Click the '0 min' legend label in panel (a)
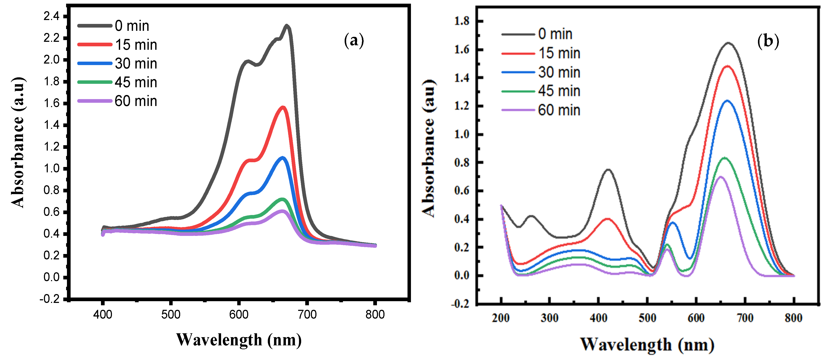pyautogui.click(x=132, y=26)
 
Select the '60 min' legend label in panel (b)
pyautogui.click(x=559, y=110)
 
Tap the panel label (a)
pyautogui.click(x=354, y=41)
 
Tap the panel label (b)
pyautogui.click(x=768, y=42)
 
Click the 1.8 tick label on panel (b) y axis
pyautogui.click(x=462, y=21)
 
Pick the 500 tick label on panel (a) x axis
pyautogui.click(x=170, y=315)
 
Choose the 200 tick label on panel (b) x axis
pyautogui.click(x=500, y=318)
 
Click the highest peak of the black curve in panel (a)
pyautogui.click(x=287, y=26)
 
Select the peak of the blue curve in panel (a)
pyautogui.click(x=283, y=158)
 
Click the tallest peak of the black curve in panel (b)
pyautogui.click(x=728, y=43)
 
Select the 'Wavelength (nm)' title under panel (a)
pyautogui.click(x=239, y=340)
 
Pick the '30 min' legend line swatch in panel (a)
pyautogui.click(x=95, y=63)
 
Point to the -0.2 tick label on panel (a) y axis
pyautogui.click(x=50, y=299)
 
